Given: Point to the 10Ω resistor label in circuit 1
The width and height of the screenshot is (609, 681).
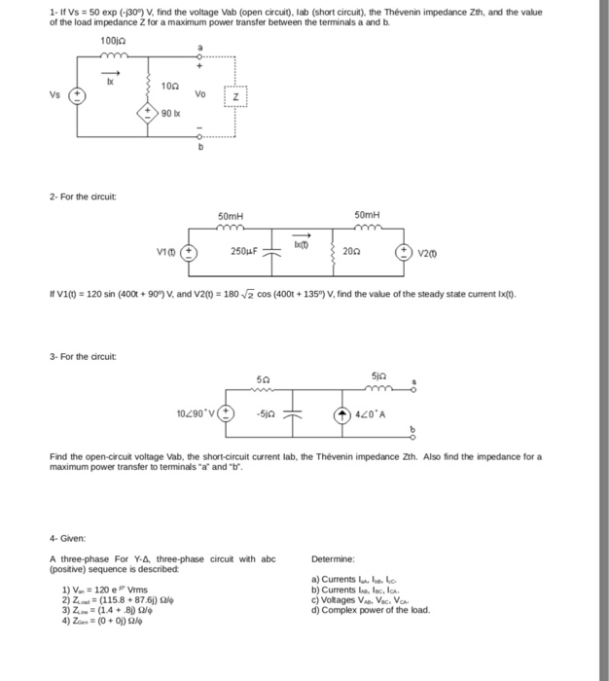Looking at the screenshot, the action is tap(168, 86).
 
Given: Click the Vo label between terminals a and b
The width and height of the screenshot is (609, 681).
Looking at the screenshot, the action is tap(200, 94).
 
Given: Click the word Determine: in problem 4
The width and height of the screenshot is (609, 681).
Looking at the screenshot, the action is tap(335, 558).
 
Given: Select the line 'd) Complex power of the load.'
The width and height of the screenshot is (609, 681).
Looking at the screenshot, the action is tap(371, 610).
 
